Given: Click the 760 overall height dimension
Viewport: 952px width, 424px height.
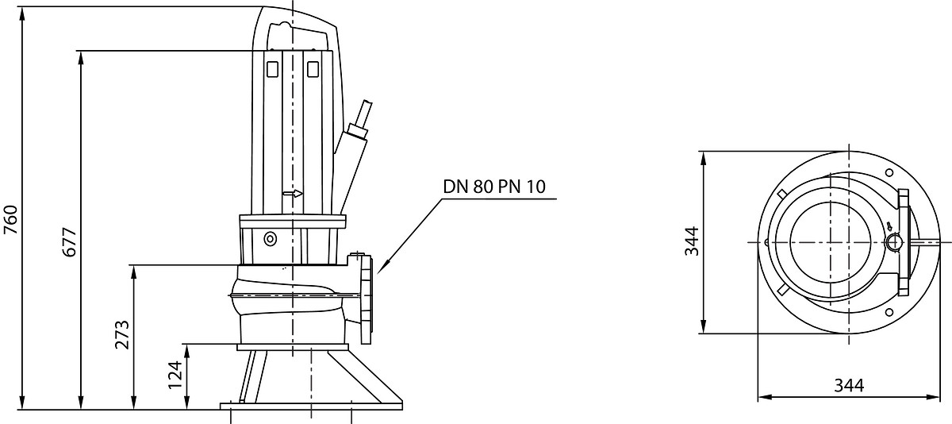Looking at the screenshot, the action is point(10,219).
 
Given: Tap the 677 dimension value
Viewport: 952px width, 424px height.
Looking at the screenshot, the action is point(70,242).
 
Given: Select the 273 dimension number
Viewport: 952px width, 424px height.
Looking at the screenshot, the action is point(122,334).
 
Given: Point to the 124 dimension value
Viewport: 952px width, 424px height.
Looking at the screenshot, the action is point(175,375).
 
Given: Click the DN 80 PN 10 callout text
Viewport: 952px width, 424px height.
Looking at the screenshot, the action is point(494,187).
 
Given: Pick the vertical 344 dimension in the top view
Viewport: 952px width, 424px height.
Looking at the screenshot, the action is point(692,241).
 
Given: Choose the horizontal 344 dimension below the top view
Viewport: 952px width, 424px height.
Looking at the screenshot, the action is point(849,386).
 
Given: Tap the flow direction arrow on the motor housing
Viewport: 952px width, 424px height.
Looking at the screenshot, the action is point(293,194).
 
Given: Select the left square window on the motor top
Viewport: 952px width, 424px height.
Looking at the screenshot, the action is point(272,69).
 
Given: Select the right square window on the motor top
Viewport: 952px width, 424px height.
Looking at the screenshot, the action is point(313,69).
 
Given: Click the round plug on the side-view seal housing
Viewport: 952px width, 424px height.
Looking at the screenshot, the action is point(271,239).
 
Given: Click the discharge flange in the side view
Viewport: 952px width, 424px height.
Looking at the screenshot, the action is point(366,299).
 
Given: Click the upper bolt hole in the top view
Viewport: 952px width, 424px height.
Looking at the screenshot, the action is point(889,172).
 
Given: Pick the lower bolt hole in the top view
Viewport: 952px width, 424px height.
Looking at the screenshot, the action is point(889,313).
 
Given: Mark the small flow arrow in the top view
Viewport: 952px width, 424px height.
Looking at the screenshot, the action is point(890,226).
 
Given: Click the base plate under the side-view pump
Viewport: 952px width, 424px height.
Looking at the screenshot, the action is point(311,407).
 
